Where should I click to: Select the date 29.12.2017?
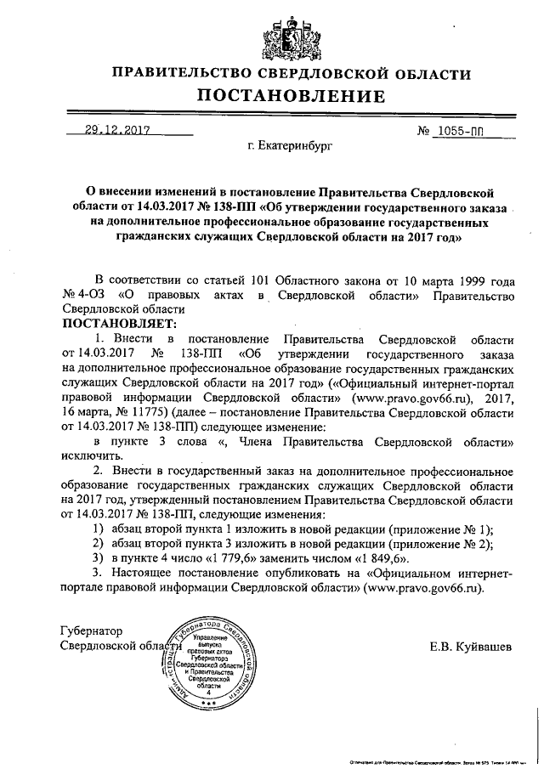tap(116, 131)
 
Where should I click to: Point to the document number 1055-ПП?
tap(464, 131)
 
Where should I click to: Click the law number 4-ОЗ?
tap(90, 296)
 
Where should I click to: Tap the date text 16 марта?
tap(90, 410)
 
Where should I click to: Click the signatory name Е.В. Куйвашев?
tap(471, 648)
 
